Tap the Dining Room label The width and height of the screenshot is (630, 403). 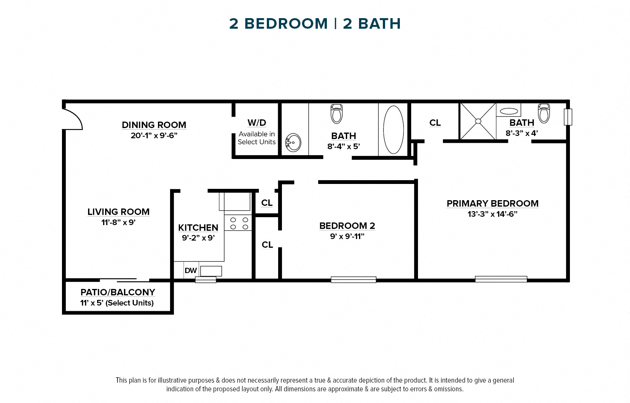click(154, 125)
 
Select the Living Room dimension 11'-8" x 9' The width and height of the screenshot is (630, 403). click(118, 222)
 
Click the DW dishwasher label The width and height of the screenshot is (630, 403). click(190, 270)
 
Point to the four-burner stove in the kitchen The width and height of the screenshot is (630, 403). click(239, 223)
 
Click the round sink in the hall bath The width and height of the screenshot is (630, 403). click(293, 143)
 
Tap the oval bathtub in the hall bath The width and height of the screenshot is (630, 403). click(393, 130)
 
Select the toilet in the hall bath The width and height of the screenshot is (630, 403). click(336, 114)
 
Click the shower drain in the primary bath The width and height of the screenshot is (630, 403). click(478, 121)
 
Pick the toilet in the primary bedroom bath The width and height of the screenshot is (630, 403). click(544, 113)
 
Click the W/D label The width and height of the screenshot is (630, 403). click(257, 123)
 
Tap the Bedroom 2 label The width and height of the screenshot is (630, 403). click(347, 225)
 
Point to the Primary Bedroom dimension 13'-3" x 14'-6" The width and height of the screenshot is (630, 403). click(492, 214)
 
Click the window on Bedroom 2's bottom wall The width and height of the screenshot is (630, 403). click(353, 279)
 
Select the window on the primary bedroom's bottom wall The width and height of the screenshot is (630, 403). click(501, 279)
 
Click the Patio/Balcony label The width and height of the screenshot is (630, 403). click(118, 292)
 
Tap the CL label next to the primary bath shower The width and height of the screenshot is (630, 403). click(435, 123)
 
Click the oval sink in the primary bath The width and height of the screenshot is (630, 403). click(509, 111)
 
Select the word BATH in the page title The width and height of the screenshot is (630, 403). click(379, 24)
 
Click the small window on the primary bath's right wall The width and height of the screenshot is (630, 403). click(568, 117)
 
